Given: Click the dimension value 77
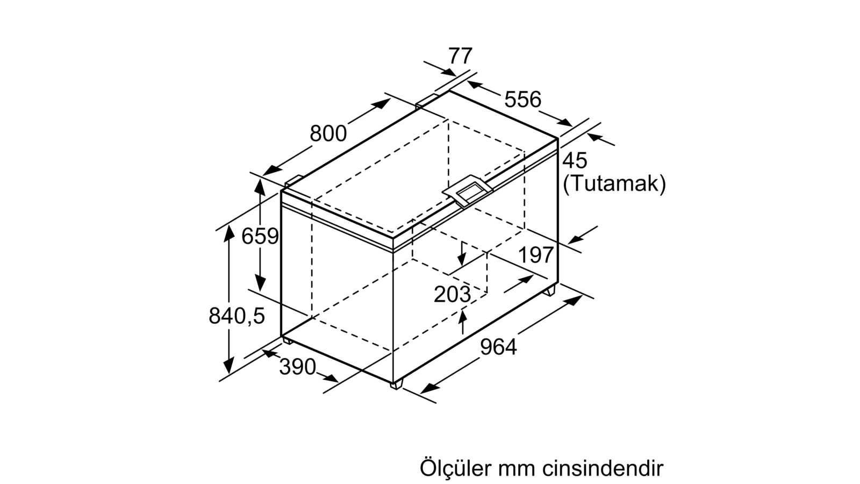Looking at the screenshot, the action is tap(460, 56).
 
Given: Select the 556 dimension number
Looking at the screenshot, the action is tap(522, 99).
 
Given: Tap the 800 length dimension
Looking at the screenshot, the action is tap(328, 134).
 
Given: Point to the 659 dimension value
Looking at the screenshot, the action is tap(260, 236).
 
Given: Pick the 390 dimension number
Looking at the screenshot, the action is tap(298, 367).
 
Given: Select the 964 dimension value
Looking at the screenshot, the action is tap(498, 347).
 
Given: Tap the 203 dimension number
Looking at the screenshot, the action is tap(452, 295).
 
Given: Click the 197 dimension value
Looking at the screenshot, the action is tap(536, 255).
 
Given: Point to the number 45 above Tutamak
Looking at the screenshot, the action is tap(575, 161).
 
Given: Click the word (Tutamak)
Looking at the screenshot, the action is tap(614, 184).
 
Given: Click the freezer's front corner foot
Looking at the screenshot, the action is tap(397, 385).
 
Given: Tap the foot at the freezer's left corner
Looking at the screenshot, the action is tap(288, 340).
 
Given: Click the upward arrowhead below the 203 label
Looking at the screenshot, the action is tap(463, 316).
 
